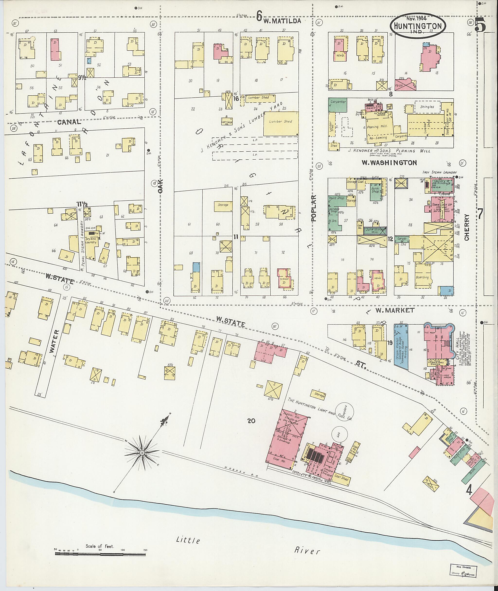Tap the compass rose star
142,453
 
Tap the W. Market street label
395,310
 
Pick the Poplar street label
314,208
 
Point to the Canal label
69,122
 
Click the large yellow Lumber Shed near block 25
281,123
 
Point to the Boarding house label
422,277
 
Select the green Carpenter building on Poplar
338,105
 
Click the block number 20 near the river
251,421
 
